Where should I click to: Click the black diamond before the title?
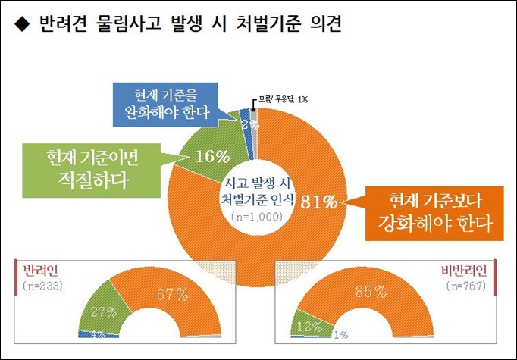point(21,26)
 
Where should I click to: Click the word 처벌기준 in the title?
point(277,25)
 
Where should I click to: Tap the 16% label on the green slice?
point(212,157)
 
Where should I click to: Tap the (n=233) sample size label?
point(43,286)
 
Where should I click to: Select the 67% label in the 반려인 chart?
point(173,293)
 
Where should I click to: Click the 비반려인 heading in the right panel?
point(463,271)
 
